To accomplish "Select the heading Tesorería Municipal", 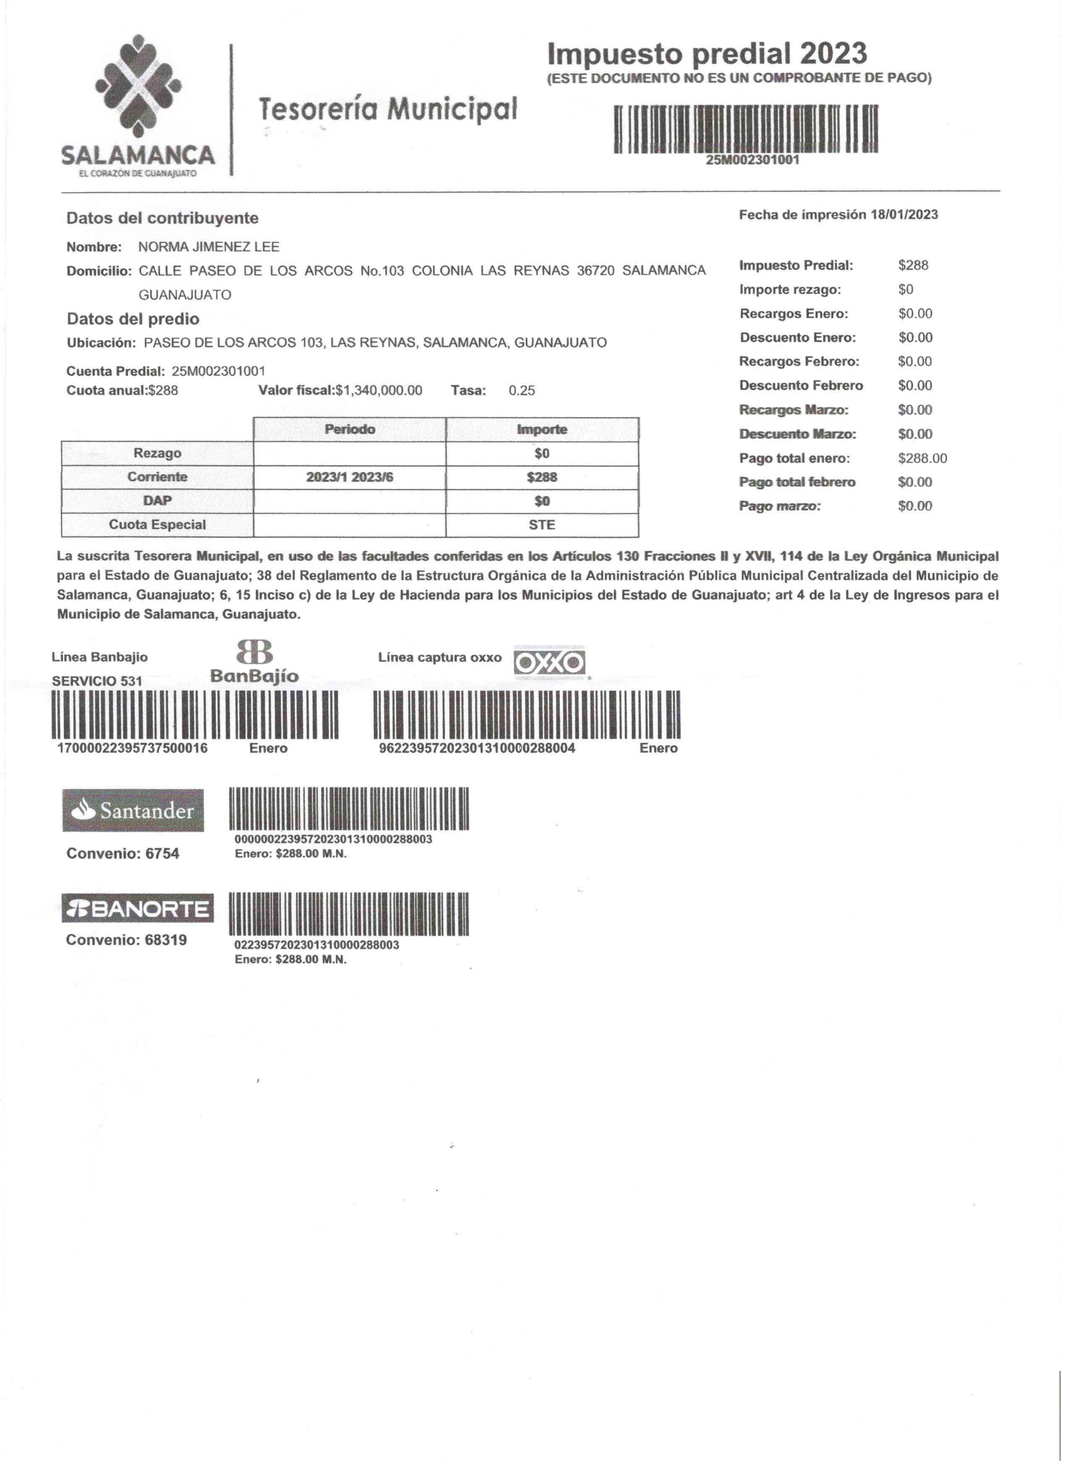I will click(x=388, y=109).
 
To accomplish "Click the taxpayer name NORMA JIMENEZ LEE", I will click(x=209, y=247).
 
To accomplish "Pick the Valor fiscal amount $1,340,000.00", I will click(x=379, y=391).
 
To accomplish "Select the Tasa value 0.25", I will click(x=522, y=391).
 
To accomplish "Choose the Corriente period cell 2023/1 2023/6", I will click(x=350, y=478).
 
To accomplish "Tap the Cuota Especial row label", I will click(x=157, y=525).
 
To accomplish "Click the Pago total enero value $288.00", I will click(x=922, y=459).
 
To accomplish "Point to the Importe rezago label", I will click(x=790, y=290).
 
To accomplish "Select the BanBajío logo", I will click(x=254, y=662).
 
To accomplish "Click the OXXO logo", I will click(x=550, y=663).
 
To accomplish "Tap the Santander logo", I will click(x=133, y=811).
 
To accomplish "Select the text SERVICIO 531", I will click(x=97, y=682).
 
